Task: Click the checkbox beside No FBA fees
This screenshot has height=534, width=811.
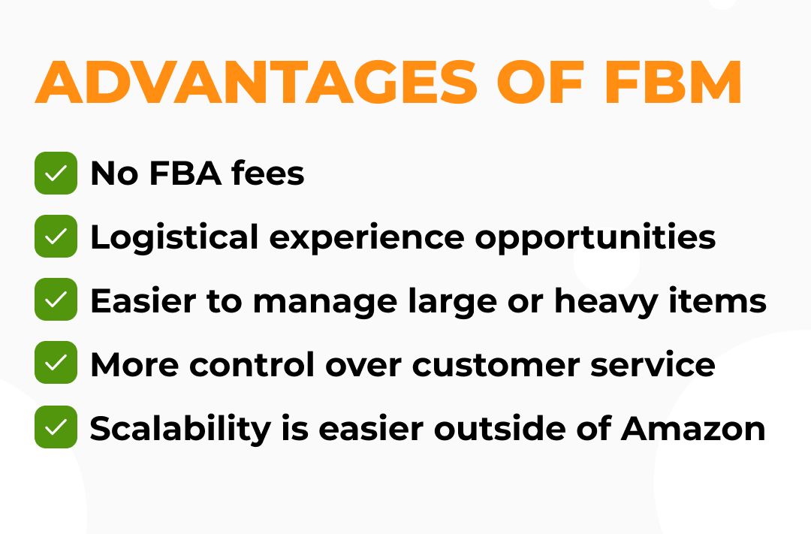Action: click(x=56, y=173)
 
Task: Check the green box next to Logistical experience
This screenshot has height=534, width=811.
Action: click(x=56, y=237)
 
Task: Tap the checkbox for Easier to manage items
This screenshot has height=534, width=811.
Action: click(x=56, y=300)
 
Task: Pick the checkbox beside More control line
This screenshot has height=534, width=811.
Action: click(x=56, y=364)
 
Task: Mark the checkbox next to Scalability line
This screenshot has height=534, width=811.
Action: click(x=56, y=427)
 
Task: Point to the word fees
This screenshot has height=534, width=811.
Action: click(x=268, y=173)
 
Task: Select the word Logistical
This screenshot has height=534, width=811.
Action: click(x=173, y=237)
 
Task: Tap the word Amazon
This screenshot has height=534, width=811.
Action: click(x=693, y=428)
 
